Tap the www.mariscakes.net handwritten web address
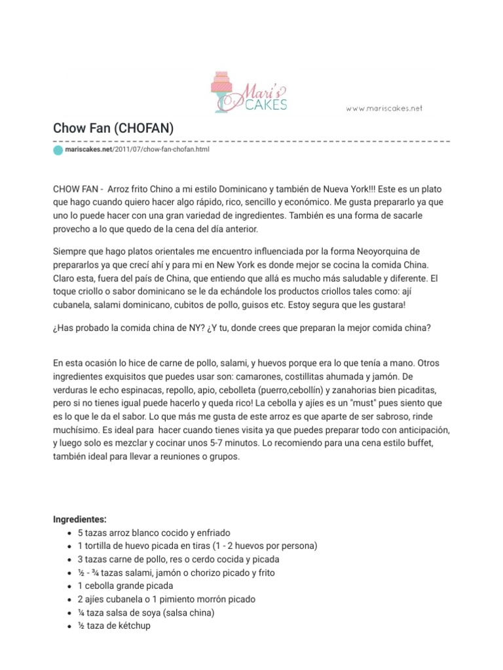(x=384, y=108)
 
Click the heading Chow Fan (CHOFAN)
(x=113, y=128)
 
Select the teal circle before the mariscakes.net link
(x=58, y=150)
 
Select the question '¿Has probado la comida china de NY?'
(x=130, y=328)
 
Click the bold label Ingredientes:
(x=79, y=520)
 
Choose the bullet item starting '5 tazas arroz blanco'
(x=154, y=533)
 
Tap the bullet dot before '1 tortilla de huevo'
(x=69, y=546)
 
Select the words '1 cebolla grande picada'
(x=125, y=586)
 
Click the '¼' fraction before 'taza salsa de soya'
(x=81, y=612)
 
